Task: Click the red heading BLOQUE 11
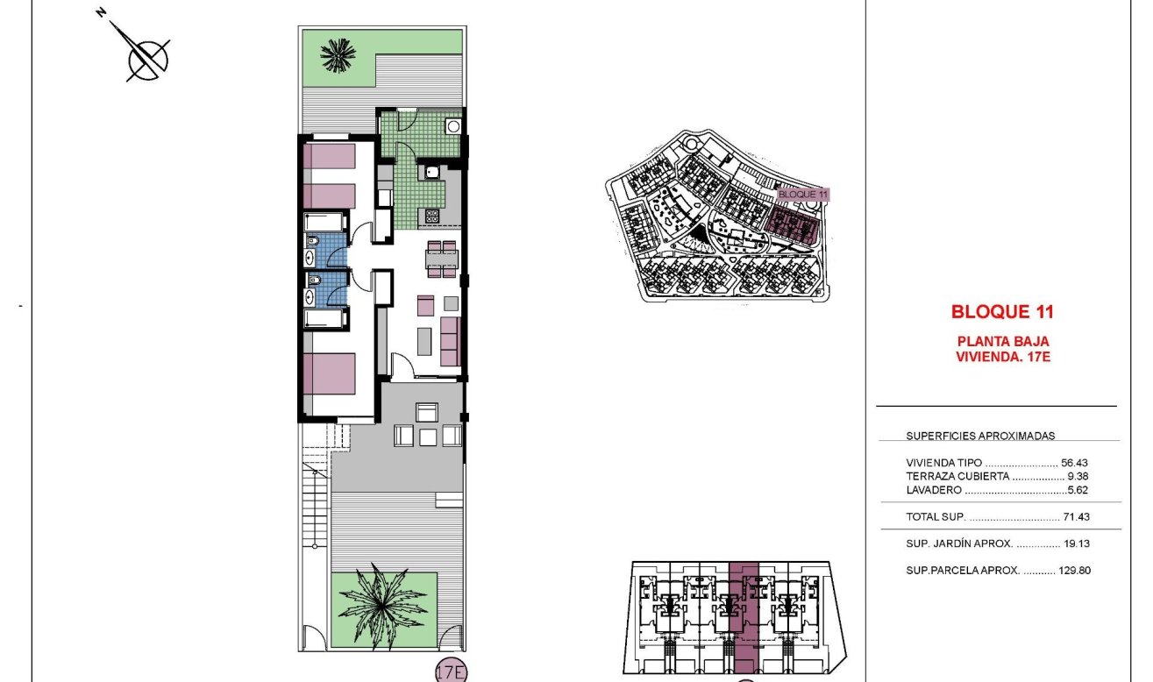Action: pyautogui.click(x=1001, y=311)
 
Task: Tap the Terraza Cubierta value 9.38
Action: pyautogui.click(x=1077, y=476)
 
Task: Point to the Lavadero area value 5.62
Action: pyautogui.click(x=1077, y=491)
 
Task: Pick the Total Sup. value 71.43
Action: pyautogui.click(x=1074, y=517)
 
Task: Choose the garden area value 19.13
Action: pyautogui.click(x=1075, y=543)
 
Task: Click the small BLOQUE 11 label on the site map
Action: pyautogui.click(x=803, y=194)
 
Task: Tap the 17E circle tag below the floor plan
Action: pyautogui.click(x=452, y=672)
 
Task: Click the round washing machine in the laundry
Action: pyautogui.click(x=453, y=125)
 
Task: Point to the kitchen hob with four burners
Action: pyautogui.click(x=432, y=215)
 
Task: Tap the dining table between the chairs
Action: pyautogui.click(x=442, y=259)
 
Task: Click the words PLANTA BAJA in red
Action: pyautogui.click(x=1001, y=341)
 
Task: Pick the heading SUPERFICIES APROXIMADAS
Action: pyautogui.click(x=980, y=435)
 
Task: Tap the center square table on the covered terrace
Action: pyautogui.click(x=428, y=436)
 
